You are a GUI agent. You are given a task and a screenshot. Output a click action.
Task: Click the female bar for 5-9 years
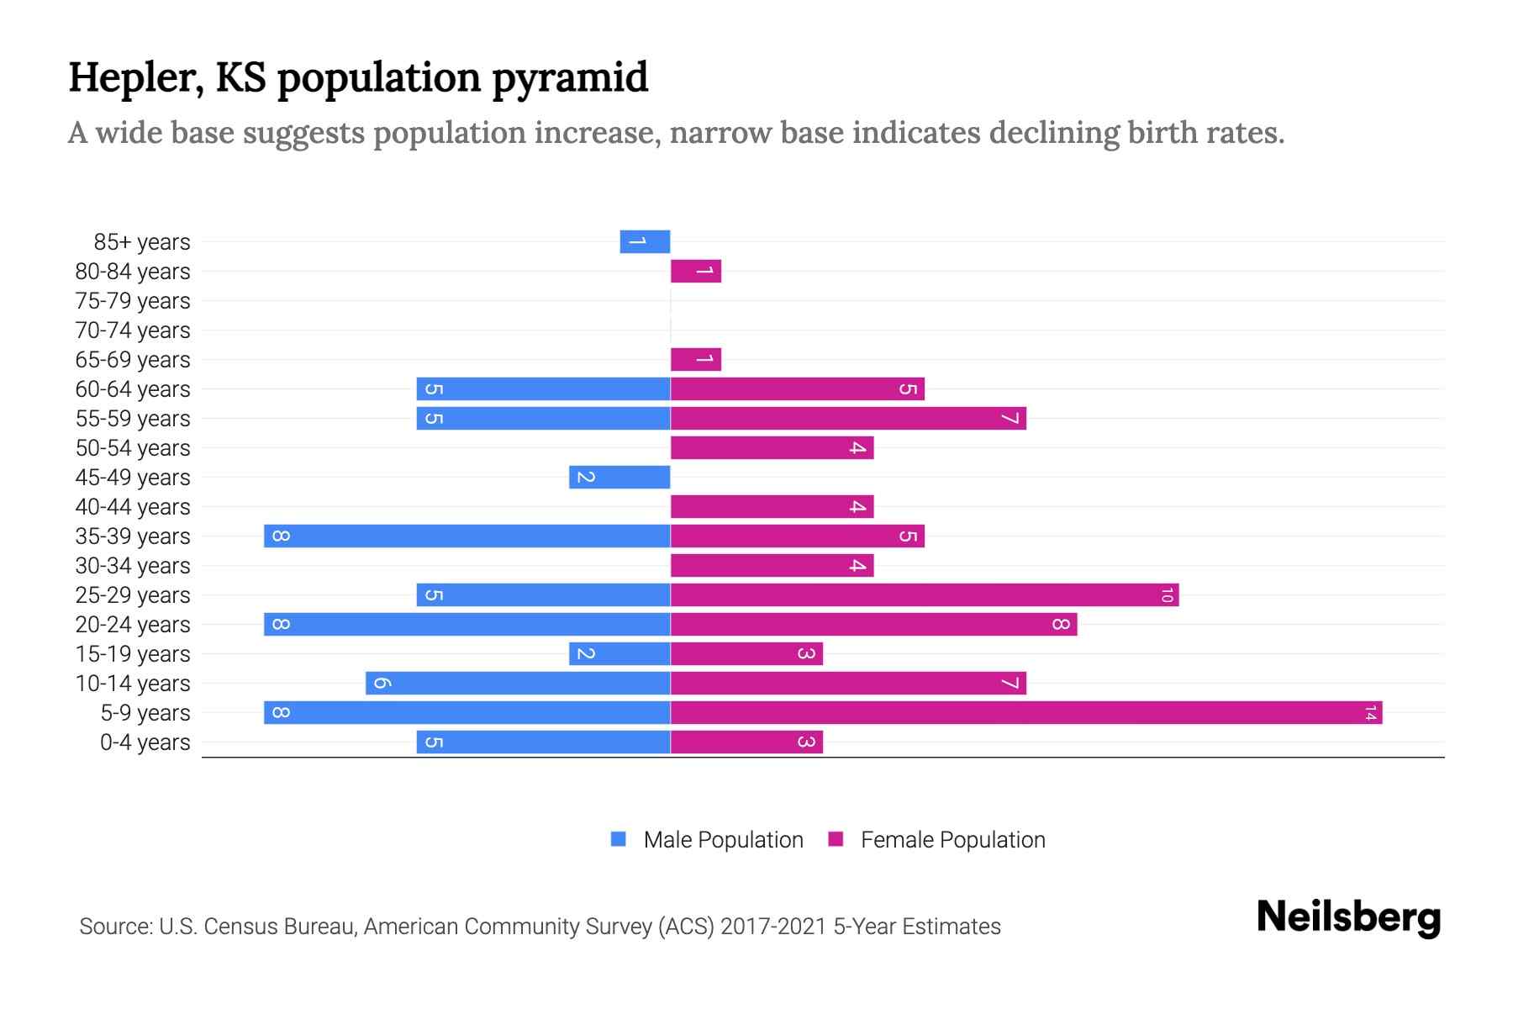[1025, 713]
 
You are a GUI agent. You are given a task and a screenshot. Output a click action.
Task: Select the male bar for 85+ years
[645, 241]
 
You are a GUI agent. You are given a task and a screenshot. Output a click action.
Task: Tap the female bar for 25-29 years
[925, 595]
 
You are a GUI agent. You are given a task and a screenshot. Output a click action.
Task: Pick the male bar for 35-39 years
[467, 536]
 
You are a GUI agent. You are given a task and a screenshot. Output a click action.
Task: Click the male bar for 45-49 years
[619, 478]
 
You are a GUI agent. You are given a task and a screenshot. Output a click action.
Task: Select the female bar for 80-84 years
[696, 272]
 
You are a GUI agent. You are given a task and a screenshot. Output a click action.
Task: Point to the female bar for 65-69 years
[696, 360]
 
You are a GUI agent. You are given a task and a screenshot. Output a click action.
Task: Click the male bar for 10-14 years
[518, 684]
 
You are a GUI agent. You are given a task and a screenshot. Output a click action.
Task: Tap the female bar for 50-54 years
[772, 448]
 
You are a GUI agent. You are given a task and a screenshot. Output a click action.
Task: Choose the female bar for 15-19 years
[746, 654]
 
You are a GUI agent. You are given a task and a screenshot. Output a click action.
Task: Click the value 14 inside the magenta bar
[1370, 713]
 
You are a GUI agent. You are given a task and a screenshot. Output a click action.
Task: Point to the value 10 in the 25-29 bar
[1167, 595]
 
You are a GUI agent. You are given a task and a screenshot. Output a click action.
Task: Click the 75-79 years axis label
[133, 301]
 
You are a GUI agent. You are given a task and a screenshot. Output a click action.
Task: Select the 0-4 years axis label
[145, 742]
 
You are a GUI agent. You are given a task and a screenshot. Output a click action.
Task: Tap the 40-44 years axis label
[133, 507]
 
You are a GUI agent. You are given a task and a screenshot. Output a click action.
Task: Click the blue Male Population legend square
[619, 839]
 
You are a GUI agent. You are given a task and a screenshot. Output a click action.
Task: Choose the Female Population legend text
[952, 840]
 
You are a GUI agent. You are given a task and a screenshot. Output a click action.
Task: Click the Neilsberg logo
[1348, 917]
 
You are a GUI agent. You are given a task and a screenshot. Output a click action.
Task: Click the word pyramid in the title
[569, 78]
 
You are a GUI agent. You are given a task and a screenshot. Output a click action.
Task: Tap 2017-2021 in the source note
[773, 927]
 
